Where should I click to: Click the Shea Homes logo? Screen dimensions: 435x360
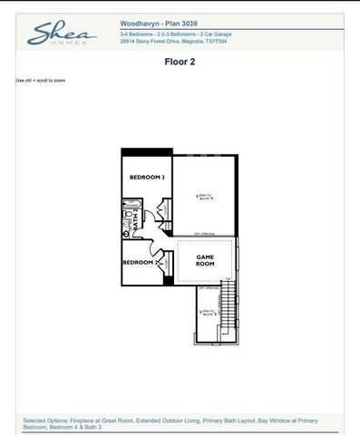coord(61,35)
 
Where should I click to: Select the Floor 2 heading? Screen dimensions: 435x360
coord(180,63)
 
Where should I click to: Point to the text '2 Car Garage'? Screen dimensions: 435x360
coord(229,34)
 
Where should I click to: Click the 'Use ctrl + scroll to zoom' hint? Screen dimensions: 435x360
coord(41,81)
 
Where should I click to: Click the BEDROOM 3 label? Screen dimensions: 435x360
coord(146,177)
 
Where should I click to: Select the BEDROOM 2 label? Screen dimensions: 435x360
coord(142,262)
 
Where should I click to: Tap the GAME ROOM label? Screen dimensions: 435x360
coord(206,260)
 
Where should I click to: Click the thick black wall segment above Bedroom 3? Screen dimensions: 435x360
coord(146,151)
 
